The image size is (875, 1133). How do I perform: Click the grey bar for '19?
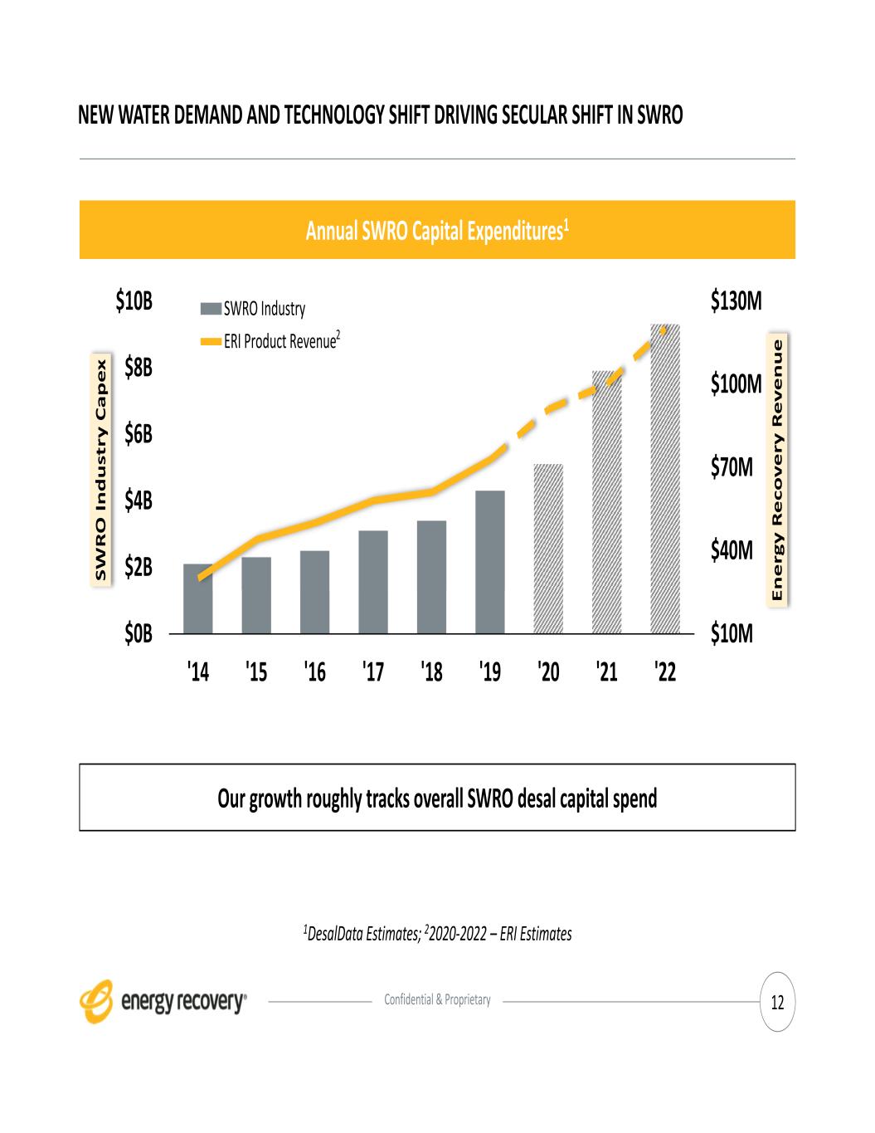(x=490, y=562)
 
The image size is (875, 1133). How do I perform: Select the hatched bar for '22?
(x=665, y=478)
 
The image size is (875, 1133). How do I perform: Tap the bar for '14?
(x=197, y=598)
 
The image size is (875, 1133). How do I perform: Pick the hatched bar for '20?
(x=548, y=549)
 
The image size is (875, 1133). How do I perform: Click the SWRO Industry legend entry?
(x=254, y=310)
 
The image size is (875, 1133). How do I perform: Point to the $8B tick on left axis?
(x=139, y=367)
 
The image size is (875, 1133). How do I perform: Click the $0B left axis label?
(x=139, y=635)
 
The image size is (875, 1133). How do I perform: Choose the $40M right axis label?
(x=732, y=550)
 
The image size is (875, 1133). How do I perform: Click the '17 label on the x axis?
(x=373, y=671)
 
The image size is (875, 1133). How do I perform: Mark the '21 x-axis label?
(x=607, y=671)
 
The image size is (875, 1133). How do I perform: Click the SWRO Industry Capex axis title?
(x=101, y=470)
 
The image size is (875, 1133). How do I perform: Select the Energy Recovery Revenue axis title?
(x=777, y=471)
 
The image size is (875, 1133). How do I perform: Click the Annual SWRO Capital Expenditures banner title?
(x=437, y=230)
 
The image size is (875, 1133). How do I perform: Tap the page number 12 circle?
(x=777, y=1003)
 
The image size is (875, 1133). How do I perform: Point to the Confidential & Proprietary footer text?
(x=437, y=1000)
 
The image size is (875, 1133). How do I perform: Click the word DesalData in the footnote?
(x=336, y=935)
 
